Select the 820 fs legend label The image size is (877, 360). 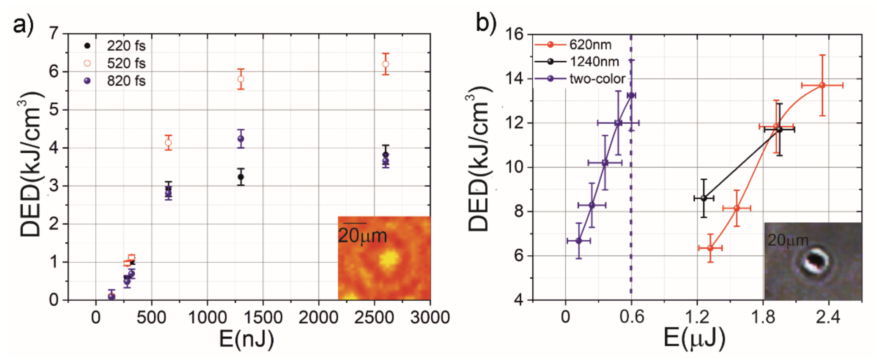(126, 81)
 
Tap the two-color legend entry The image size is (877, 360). (597, 79)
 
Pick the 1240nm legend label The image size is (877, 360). (594, 62)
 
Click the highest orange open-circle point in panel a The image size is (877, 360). (385, 64)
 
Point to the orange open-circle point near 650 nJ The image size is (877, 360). (168, 143)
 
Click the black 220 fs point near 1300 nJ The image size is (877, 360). (241, 177)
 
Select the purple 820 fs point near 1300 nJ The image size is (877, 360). (241, 139)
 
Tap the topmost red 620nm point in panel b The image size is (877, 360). (822, 85)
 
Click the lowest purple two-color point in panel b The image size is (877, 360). (579, 241)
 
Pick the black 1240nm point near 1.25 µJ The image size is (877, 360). (704, 198)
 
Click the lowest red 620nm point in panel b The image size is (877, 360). (710, 248)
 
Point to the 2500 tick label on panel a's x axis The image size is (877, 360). (374, 317)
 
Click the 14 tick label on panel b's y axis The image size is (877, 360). (514, 79)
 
